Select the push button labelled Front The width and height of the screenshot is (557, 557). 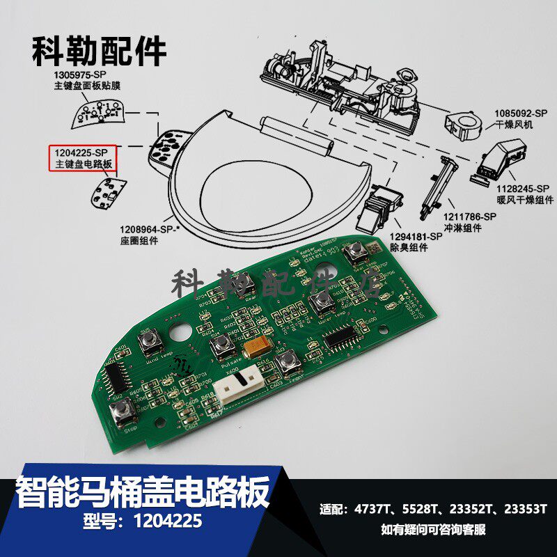[x=285, y=363]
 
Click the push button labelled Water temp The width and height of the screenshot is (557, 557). [x=322, y=303]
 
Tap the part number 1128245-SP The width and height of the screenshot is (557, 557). [x=523, y=188]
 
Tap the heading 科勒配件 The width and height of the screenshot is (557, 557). [x=99, y=51]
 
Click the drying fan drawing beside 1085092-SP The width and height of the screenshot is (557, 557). [x=463, y=126]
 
